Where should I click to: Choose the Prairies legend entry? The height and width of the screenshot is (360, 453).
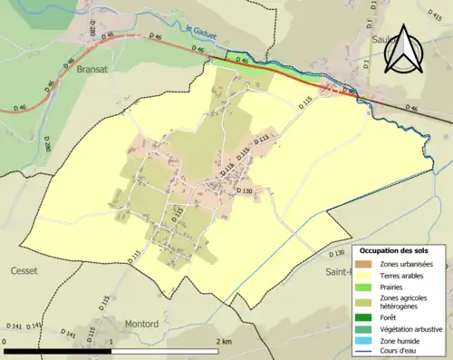click(391, 287)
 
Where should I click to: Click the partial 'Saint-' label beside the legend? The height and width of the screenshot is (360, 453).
click(338, 270)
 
